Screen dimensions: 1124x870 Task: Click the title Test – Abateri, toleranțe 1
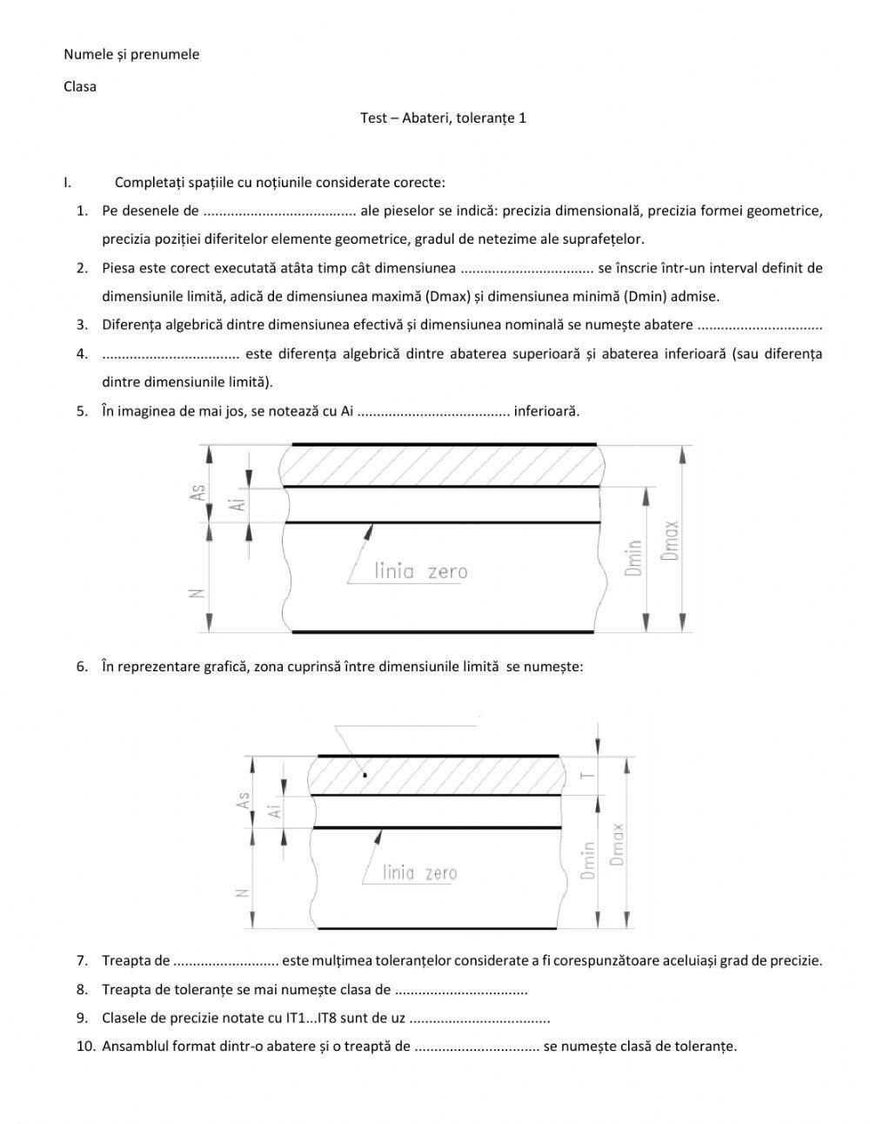coord(443,118)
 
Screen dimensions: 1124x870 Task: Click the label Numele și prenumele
coord(131,54)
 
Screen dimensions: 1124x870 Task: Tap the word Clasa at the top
coord(80,86)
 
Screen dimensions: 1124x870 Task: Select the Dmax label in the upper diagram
coord(670,540)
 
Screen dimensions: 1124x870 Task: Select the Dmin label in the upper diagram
coord(633,557)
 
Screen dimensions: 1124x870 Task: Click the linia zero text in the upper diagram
coord(420,572)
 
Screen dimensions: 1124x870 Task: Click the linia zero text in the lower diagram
coord(419,872)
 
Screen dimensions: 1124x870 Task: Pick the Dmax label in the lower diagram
coord(617,844)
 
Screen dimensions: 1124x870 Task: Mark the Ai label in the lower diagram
coord(275,811)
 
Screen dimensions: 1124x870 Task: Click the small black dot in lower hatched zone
coord(365,774)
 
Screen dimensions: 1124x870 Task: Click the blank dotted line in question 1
coord(279,211)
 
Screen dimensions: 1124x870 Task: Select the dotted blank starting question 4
coord(171,353)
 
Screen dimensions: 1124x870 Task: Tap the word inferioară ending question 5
coord(546,411)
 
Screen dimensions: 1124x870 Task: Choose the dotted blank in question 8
coord(461,990)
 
